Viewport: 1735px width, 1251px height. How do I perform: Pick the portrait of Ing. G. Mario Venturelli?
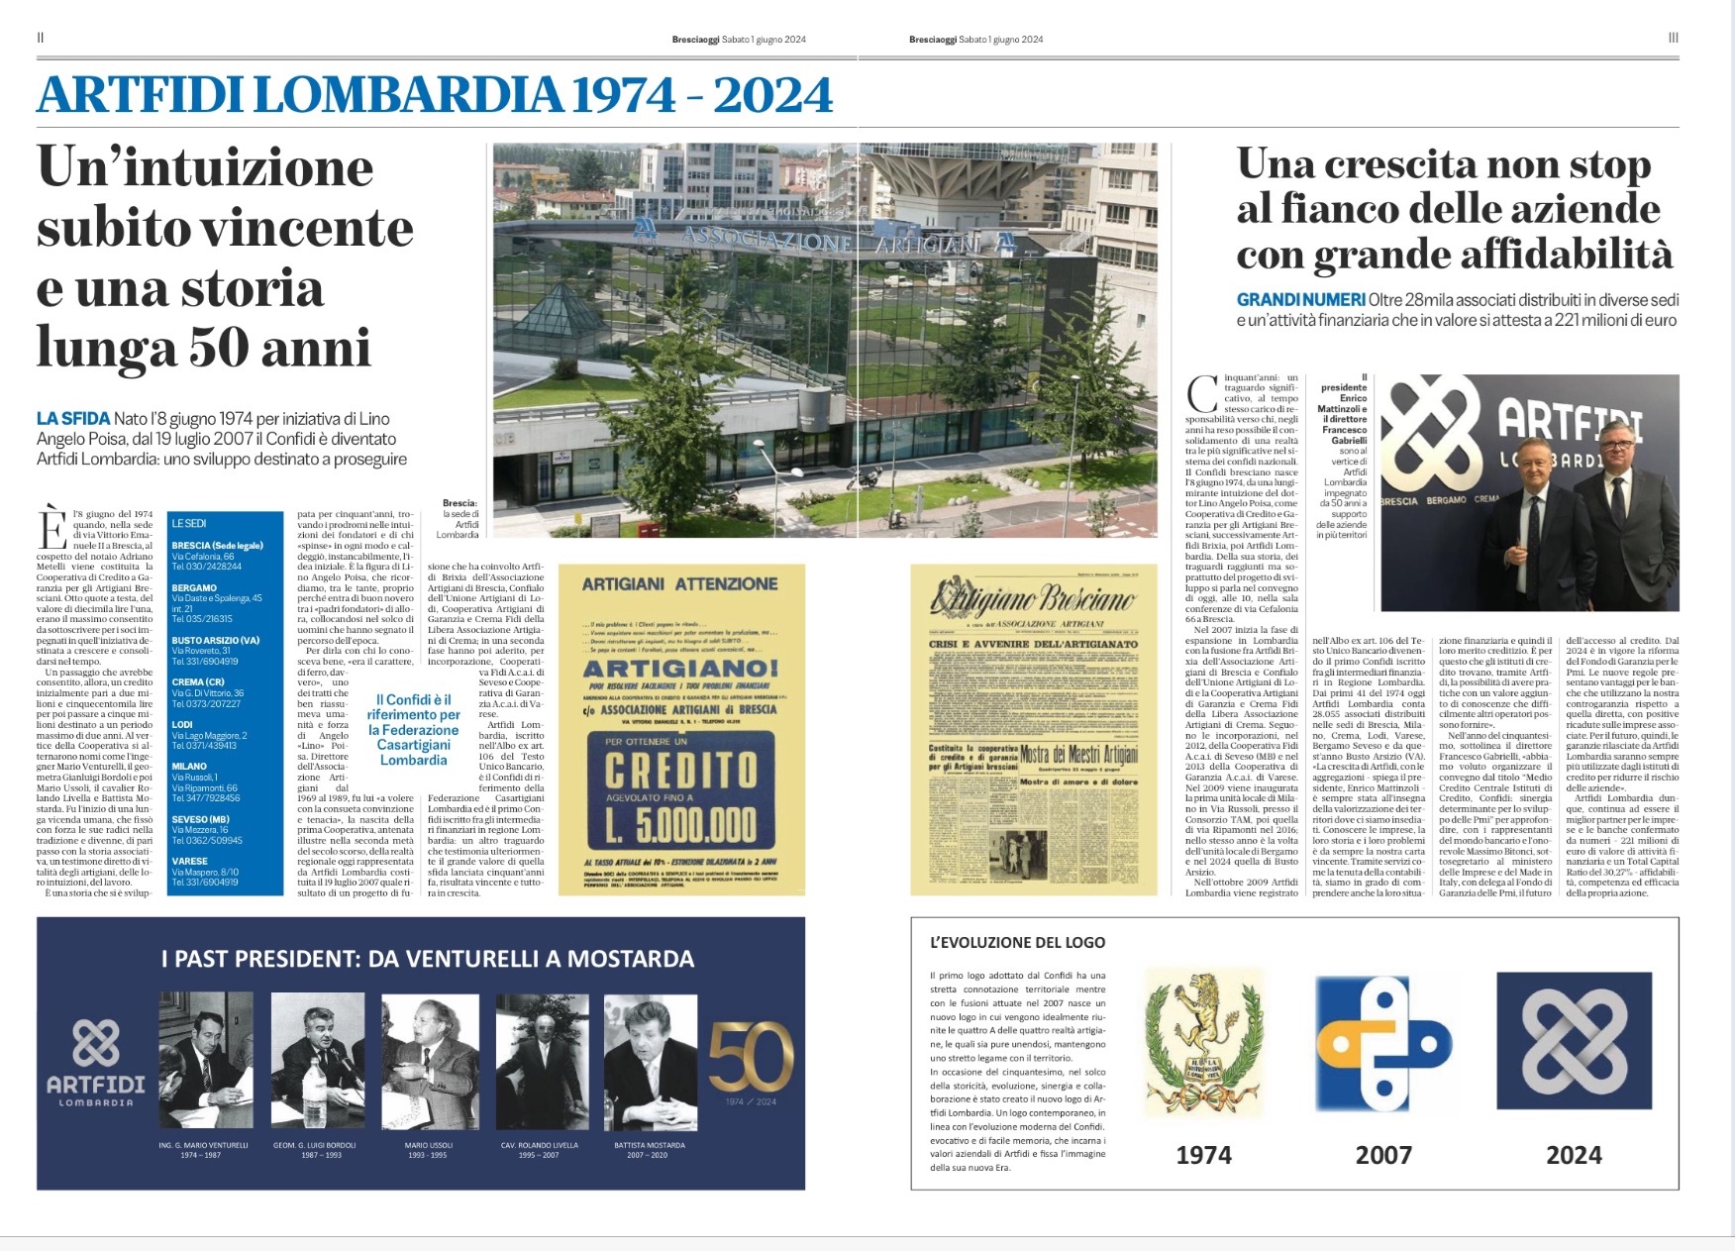206,1061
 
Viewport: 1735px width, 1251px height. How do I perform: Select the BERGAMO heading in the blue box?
194,588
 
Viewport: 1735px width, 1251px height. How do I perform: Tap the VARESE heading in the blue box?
190,862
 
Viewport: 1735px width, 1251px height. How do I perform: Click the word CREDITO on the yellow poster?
680,770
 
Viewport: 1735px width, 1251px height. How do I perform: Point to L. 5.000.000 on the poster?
681,825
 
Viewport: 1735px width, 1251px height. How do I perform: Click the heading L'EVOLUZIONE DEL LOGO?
1017,943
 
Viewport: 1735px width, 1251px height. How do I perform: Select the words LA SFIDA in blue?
73,419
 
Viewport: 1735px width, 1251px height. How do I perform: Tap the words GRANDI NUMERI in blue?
1300,300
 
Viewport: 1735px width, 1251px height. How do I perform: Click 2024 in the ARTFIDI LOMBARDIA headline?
772,96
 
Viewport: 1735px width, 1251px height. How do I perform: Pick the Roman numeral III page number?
1673,38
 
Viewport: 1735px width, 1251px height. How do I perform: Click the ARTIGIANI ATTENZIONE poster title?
679,584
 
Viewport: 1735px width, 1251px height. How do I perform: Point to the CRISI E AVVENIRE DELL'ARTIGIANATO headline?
1033,644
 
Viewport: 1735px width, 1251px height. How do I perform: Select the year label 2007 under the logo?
1382,1155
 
